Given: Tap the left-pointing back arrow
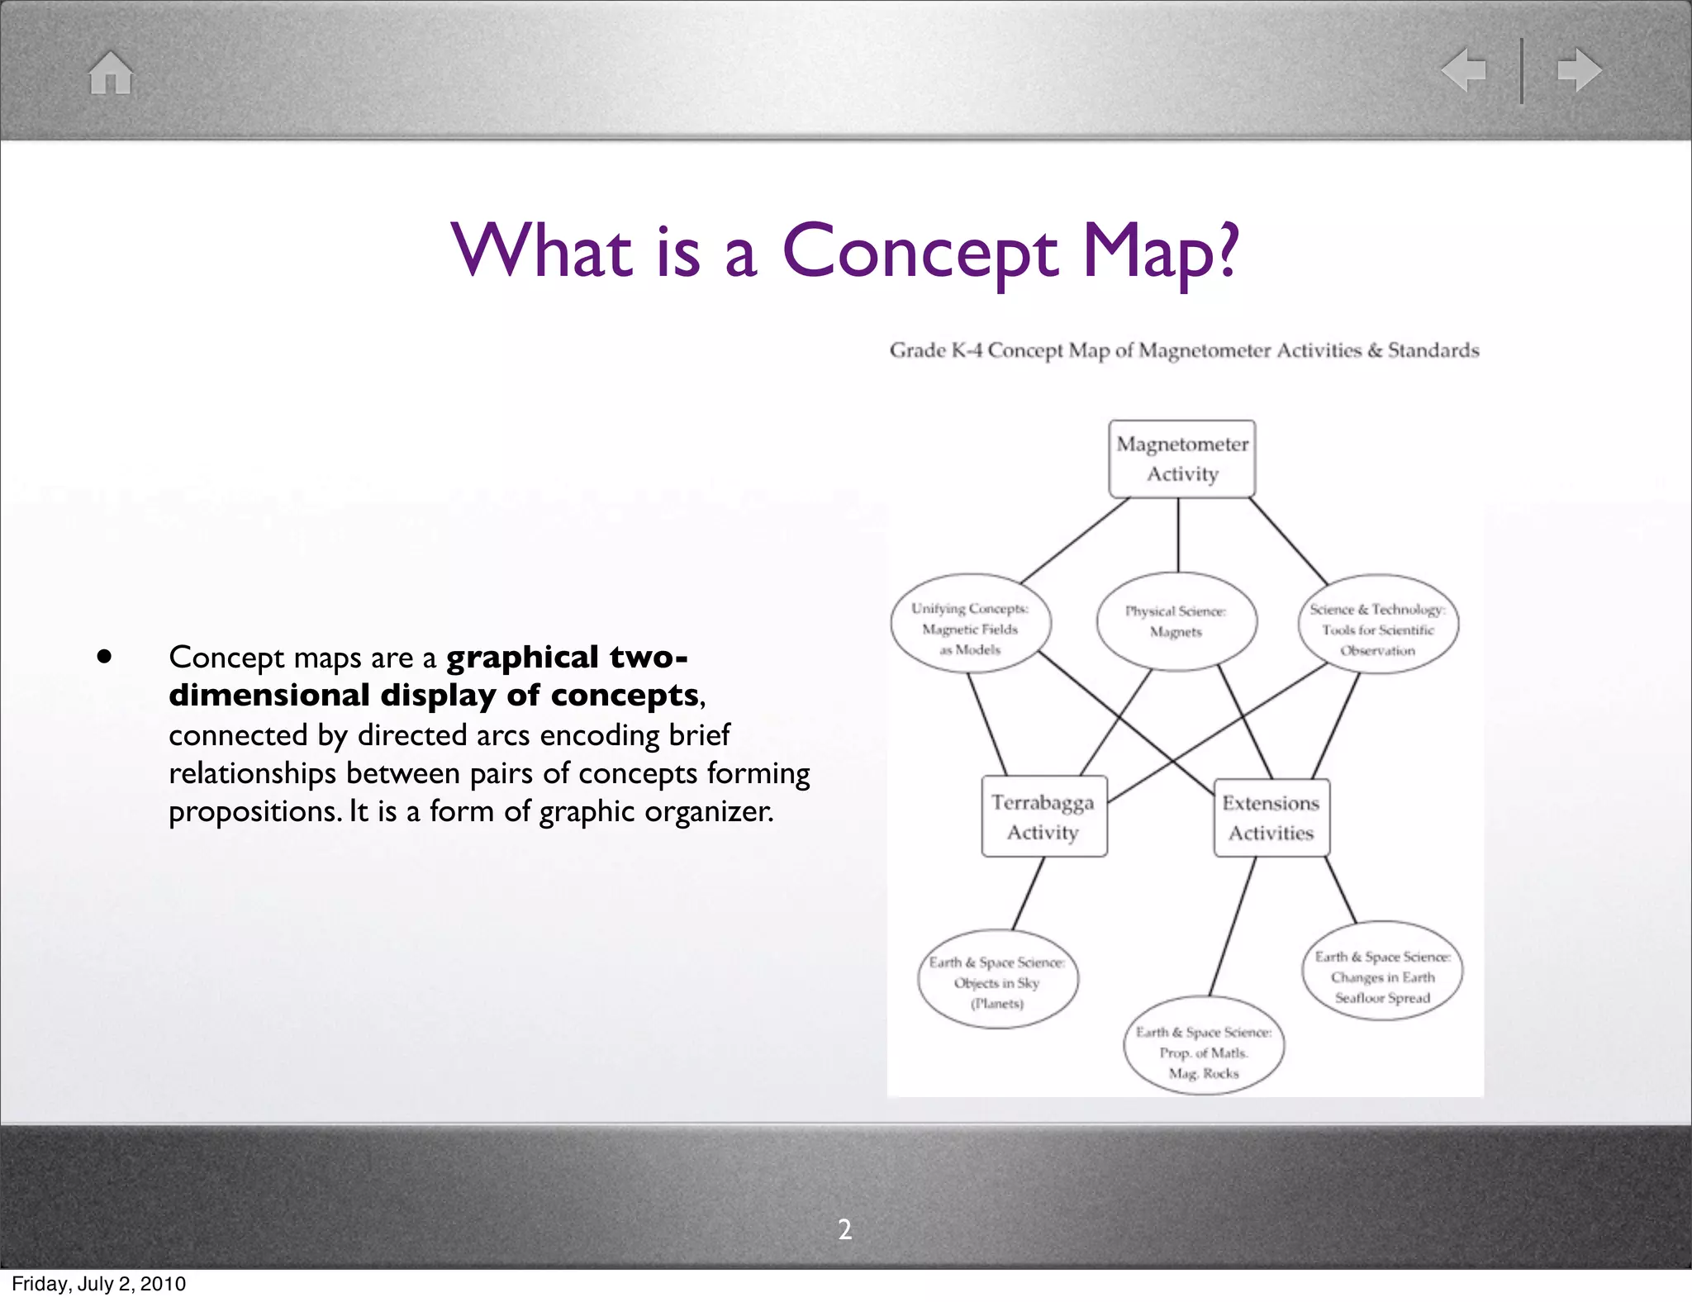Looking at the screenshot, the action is [1462, 70].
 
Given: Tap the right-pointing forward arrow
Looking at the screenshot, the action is [1579, 70].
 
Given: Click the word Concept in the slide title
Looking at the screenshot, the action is [920, 251].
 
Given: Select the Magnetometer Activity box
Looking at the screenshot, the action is [1181, 459].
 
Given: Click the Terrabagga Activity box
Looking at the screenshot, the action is [1043, 816].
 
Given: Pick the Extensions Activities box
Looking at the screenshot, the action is [1271, 818].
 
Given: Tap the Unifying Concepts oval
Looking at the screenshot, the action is [970, 624].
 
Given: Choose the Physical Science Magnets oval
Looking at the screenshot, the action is [1176, 621].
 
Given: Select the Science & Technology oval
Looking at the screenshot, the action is [1377, 625].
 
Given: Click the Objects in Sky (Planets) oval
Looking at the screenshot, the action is [997, 981].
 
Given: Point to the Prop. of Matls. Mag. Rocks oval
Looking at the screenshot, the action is [1204, 1047].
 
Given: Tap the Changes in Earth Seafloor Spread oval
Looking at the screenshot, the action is [1382, 972].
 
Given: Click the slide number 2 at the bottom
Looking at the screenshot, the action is [845, 1230].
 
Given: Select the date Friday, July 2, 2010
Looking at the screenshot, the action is [98, 1284].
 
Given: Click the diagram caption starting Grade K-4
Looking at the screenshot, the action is [1184, 351].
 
